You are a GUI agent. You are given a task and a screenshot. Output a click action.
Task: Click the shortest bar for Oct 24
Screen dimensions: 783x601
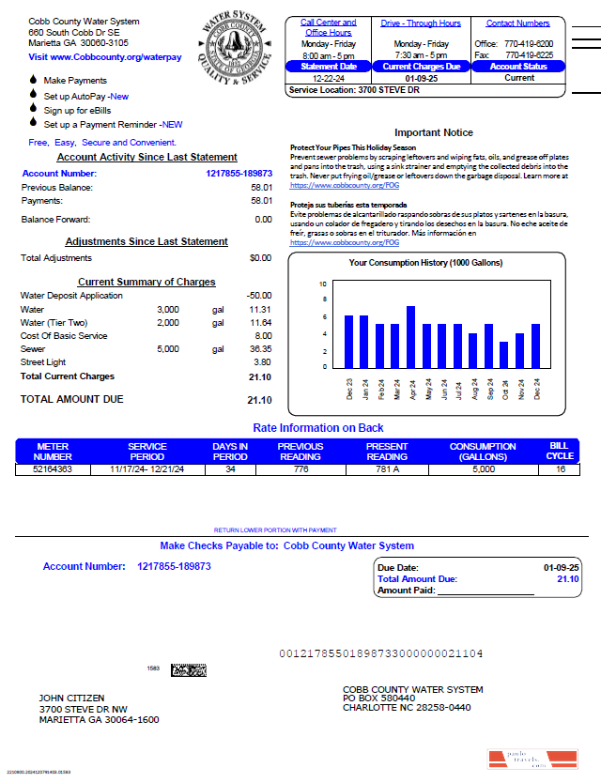pos(503,354)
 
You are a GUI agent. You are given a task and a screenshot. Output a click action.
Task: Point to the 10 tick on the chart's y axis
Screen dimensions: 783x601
pos(323,284)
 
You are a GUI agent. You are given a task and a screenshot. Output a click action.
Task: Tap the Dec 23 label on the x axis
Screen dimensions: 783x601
pos(349,389)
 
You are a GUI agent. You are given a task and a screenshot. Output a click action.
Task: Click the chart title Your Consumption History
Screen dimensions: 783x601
pos(425,263)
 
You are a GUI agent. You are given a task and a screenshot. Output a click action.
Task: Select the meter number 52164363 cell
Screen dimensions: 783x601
pos(53,468)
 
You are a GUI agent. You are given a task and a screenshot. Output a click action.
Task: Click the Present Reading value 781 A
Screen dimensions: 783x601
pos(387,468)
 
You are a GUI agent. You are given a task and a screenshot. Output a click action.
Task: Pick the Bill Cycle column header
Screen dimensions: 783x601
pos(560,451)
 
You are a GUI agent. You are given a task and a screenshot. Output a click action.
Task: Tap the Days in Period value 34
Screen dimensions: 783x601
pos(230,468)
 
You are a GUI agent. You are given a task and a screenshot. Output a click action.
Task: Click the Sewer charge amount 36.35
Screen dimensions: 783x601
pos(260,348)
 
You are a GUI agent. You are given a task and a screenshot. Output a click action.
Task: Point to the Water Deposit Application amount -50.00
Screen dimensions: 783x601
pos(259,296)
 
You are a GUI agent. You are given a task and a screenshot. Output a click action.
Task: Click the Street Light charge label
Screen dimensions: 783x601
pos(44,361)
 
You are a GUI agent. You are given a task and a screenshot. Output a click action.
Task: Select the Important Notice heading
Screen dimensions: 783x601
pos(433,132)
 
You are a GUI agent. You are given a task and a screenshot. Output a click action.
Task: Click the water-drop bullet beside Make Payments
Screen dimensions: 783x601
pos(34,81)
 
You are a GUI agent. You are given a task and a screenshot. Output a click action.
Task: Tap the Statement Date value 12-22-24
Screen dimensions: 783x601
pos(329,78)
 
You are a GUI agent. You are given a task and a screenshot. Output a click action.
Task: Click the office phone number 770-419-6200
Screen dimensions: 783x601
pos(529,43)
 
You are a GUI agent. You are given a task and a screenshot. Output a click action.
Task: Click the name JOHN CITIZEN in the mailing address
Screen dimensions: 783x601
pos(71,699)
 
